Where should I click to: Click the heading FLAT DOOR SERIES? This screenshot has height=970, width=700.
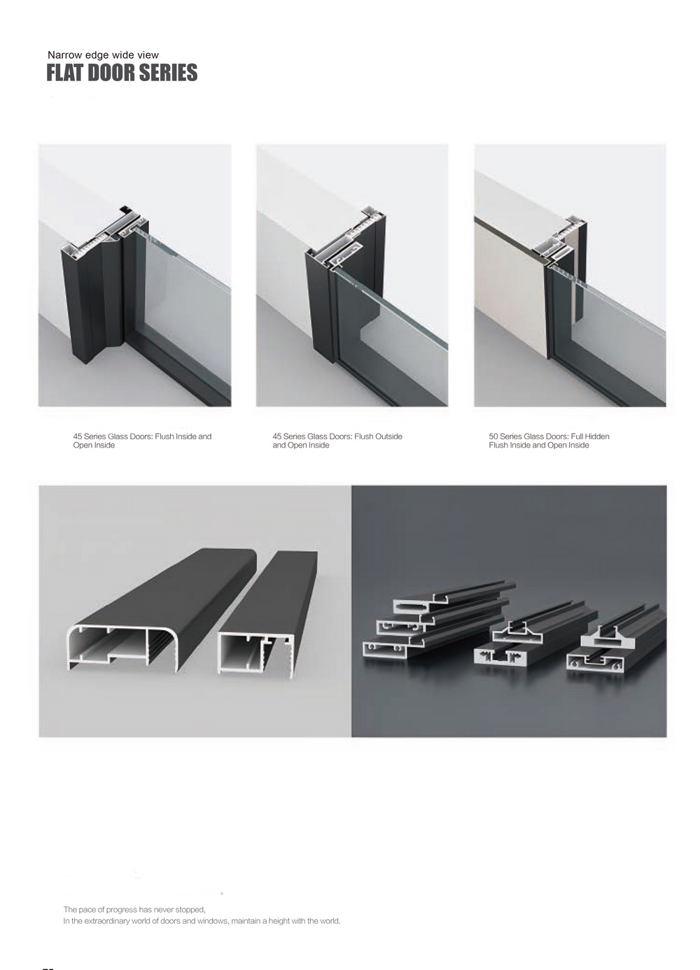pos(122,72)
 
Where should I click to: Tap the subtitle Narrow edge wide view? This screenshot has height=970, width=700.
pos(103,55)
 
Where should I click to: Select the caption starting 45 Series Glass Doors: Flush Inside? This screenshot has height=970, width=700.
pos(142,441)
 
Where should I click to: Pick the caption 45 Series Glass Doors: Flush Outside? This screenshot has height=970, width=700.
pos(337,441)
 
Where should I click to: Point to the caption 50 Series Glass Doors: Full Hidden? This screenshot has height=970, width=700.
pos(549,441)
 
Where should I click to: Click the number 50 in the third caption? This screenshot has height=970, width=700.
pos(493,436)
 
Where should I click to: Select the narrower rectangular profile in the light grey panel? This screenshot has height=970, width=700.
pos(267,615)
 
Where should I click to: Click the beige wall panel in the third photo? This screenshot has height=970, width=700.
pos(512,294)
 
